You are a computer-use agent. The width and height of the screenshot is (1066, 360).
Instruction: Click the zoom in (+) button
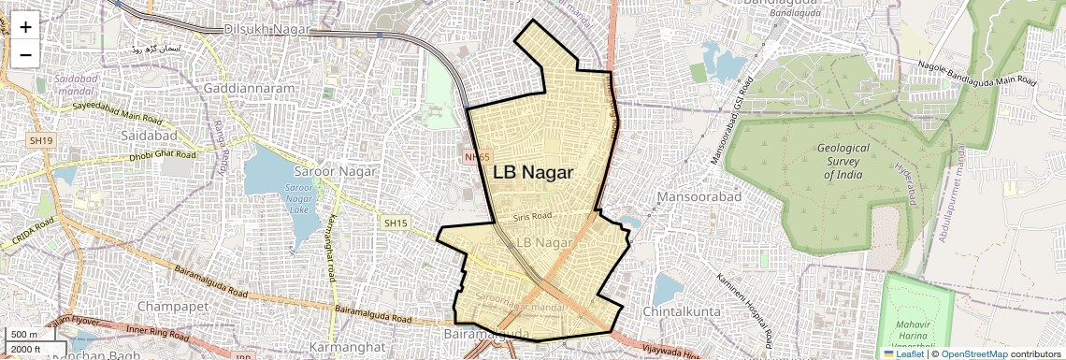[x=25, y=28]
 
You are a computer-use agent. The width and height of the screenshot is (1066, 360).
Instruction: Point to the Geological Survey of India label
[x=843, y=162]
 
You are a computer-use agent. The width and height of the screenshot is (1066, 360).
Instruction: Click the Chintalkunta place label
[x=684, y=310]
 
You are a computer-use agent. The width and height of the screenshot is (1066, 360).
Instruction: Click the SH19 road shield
[x=39, y=140]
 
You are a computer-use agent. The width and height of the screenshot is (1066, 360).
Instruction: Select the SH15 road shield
[x=396, y=223]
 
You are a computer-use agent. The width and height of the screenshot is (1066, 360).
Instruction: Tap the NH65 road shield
[x=477, y=157]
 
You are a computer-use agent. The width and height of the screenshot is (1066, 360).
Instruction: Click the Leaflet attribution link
[x=903, y=353]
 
